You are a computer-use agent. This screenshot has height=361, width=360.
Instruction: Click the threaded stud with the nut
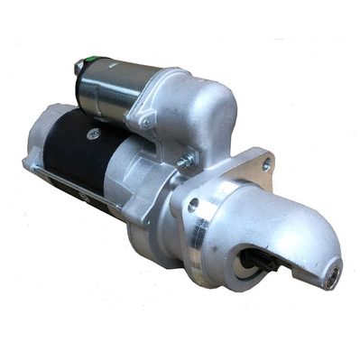tap(186, 162)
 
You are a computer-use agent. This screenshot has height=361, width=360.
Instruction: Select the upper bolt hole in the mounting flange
tap(266, 165)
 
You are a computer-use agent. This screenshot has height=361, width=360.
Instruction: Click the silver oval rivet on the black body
tap(93, 134)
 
